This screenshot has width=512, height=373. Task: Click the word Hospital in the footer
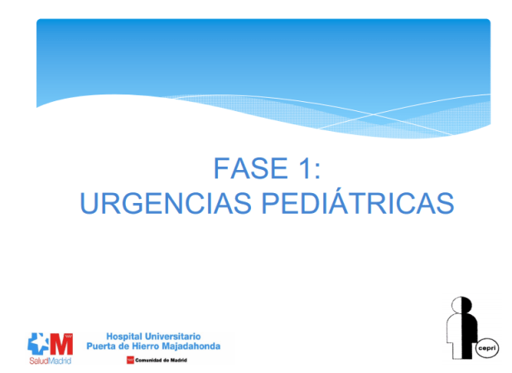click(x=125, y=335)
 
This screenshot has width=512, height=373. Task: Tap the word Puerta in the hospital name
click(x=104, y=346)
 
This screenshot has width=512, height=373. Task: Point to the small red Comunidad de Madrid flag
click(x=130, y=361)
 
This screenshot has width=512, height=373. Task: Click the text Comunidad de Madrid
click(x=161, y=361)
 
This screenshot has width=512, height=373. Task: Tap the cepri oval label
click(x=486, y=350)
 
